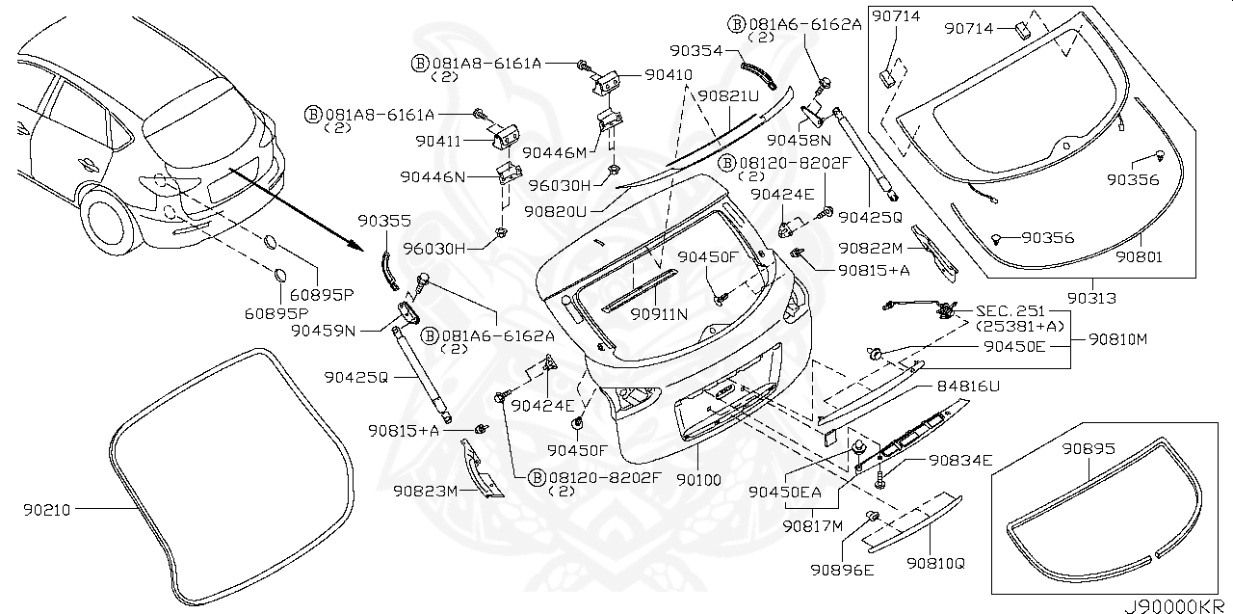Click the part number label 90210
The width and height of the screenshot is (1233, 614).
point(48,509)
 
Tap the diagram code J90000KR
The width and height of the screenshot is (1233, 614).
point(1175,605)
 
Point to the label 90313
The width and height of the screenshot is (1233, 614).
point(1091,299)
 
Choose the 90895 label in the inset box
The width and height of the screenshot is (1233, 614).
point(1089,449)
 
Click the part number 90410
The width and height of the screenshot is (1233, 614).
point(668,74)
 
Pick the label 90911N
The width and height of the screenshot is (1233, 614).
point(659,314)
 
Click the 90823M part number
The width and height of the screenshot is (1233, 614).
point(424,491)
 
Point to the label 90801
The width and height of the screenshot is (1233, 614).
point(1140,258)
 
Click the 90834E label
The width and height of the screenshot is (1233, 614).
point(960,461)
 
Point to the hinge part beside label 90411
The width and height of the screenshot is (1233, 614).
point(507,139)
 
